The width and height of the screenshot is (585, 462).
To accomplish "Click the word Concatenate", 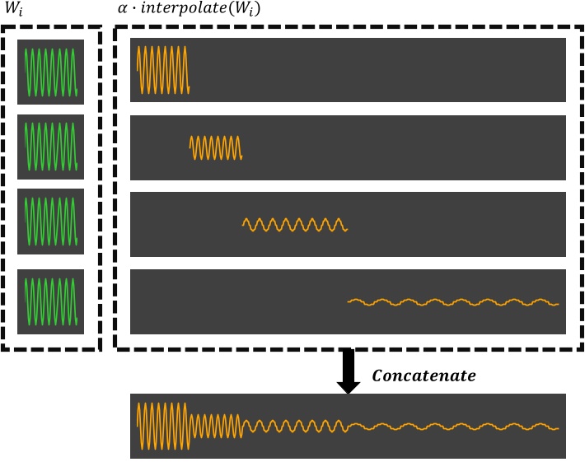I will [424, 376].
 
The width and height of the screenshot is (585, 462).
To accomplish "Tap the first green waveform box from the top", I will [51, 72].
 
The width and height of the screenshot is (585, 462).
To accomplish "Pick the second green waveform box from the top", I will [51, 147].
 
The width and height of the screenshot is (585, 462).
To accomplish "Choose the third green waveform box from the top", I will [51, 220].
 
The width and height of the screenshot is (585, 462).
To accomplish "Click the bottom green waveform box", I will [51, 302].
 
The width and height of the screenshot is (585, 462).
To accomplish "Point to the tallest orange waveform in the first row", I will [163, 69].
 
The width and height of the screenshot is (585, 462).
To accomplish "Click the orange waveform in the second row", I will [216, 147].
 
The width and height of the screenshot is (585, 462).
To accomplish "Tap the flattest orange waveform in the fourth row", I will [453, 302].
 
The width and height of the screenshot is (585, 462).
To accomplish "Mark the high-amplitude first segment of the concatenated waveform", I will [163, 426].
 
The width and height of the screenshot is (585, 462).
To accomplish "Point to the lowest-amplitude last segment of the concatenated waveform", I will [453, 427].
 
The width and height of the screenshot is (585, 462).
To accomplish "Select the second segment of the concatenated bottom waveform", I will [216, 427].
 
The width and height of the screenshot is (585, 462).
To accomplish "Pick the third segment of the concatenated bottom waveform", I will [295, 427].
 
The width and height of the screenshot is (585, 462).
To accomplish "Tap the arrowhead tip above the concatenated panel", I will [349, 392].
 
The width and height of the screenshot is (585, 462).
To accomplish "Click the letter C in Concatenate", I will [378, 376].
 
